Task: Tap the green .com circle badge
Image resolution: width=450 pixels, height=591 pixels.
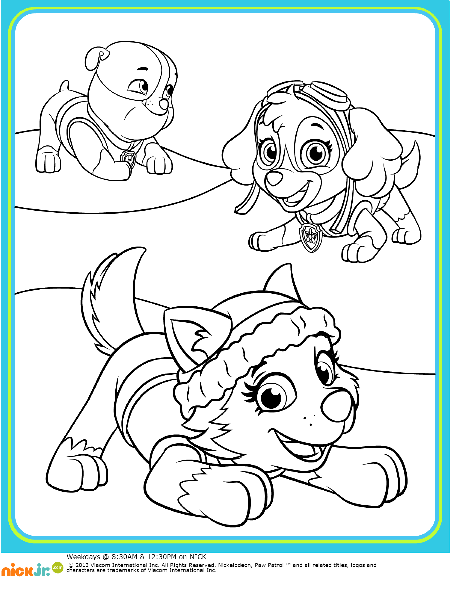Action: coord(57,567)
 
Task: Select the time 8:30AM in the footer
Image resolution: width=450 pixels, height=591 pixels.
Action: coord(125,557)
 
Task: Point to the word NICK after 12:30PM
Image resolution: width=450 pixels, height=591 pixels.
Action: coord(198,557)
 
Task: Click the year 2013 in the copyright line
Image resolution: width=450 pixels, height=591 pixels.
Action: coord(82,565)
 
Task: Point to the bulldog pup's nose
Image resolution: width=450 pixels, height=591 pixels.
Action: coord(163,104)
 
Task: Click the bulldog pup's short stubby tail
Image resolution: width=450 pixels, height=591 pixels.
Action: coord(64,86)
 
